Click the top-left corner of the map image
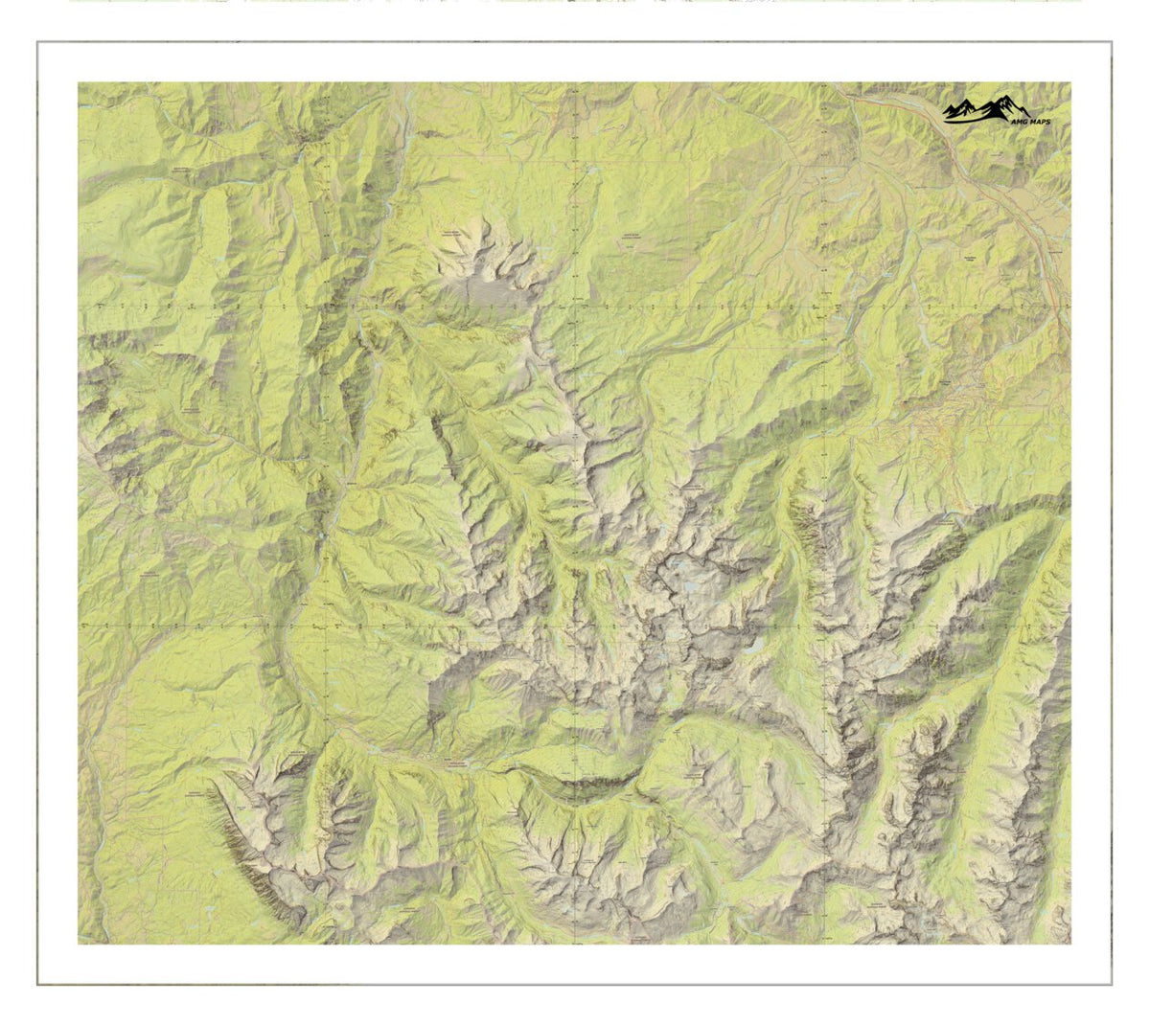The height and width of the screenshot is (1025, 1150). point(79,82)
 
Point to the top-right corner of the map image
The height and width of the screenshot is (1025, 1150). point(1070,82)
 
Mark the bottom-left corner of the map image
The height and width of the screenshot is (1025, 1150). point(79,944)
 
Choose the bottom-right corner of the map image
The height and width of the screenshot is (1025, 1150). point(1070,944)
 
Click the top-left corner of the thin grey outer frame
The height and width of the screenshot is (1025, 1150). point(38,42)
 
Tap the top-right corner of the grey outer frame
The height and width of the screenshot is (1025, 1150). point(1112,42)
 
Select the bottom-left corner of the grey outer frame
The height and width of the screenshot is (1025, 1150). point(38,984)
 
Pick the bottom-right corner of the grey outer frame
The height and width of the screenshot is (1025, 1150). point(1112,984)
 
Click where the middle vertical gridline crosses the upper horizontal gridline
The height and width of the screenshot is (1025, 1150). point(572,306)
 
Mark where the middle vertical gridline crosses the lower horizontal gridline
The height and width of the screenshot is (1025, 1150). point(572,625)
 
